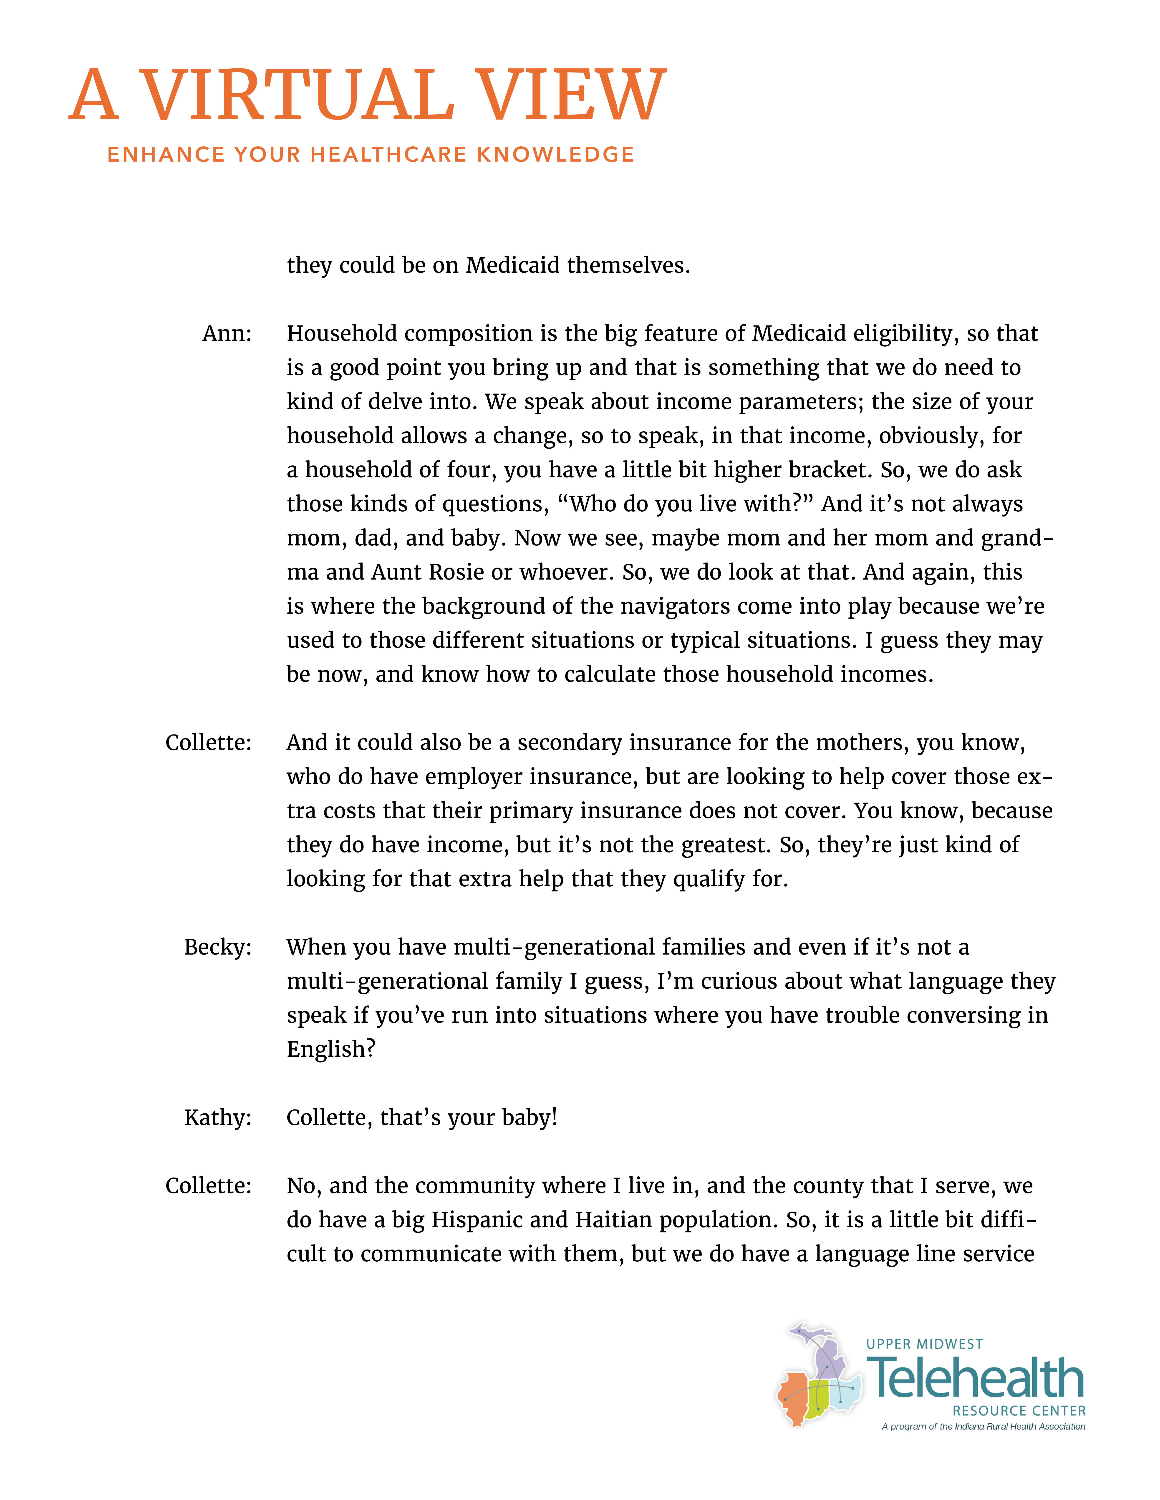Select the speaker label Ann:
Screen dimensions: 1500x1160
coord(227,334)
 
